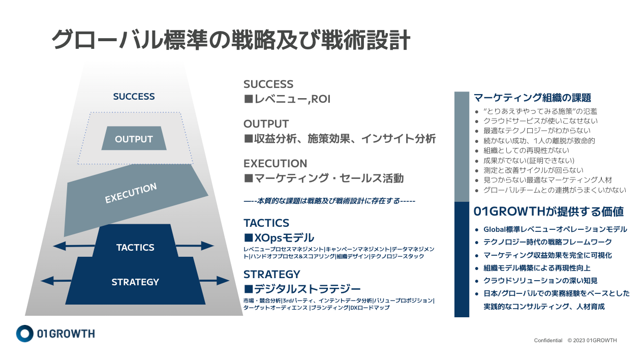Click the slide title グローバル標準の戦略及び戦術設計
point(231,40)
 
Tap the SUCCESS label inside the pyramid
point(134,97)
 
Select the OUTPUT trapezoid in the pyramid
point(134,139)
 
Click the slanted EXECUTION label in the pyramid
point(131,194)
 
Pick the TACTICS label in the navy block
point(135,248)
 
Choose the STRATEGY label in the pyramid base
point(135,282)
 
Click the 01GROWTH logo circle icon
point(24,333)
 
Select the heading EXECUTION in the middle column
point(275,164)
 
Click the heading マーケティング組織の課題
point(532,98)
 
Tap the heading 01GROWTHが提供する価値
point(548,212)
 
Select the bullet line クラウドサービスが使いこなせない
point(540,121)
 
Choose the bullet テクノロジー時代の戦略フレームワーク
point(547,242)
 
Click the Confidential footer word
point(548,340)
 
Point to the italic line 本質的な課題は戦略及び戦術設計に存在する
point(329,201)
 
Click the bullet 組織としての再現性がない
point(526,151)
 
